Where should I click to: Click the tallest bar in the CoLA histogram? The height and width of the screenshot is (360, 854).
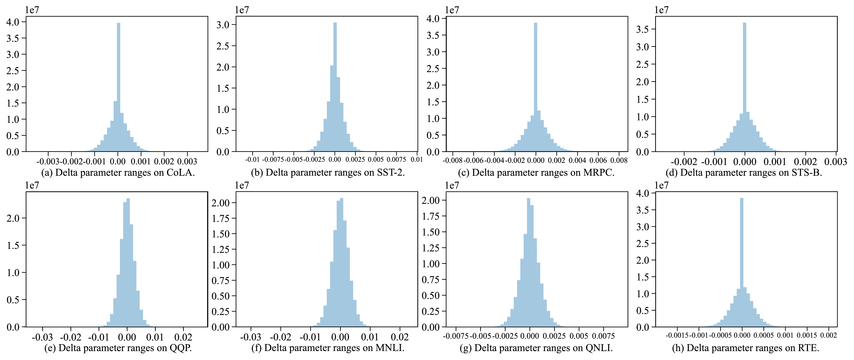coord(119,86)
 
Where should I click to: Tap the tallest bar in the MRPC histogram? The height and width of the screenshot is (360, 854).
coord(535,86)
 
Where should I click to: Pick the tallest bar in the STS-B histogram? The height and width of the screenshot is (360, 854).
coord(745,86)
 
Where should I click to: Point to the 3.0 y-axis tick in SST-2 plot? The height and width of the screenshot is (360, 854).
coord(223,25)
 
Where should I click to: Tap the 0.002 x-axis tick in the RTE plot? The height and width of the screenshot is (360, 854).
coord(829,335)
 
